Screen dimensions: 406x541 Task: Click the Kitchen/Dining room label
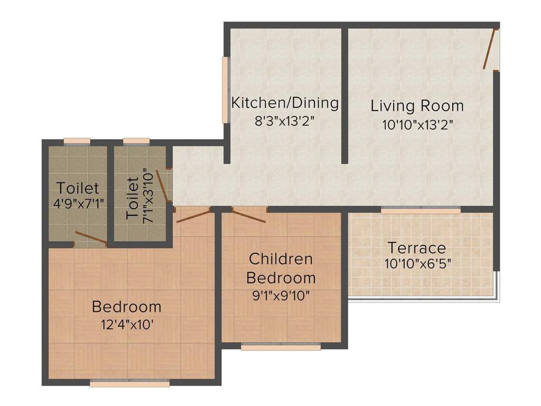285,103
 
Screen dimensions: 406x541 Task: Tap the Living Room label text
417,106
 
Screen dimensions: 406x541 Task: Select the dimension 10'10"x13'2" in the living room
417,125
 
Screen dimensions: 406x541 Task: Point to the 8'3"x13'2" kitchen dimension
285,120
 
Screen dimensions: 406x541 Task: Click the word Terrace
417,247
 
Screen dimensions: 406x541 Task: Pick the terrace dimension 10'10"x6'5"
417,263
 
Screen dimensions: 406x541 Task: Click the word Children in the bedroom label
281,259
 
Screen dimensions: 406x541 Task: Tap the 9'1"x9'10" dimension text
281,295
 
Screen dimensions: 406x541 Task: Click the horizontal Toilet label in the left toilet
78,188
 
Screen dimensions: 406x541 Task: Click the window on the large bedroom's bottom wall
129,382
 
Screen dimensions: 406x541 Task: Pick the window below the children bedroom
281,347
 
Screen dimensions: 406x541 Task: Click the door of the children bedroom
248,216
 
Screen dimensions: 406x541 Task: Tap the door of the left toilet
90,238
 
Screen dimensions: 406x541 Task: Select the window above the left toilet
77,141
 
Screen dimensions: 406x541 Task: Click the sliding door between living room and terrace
421,210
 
